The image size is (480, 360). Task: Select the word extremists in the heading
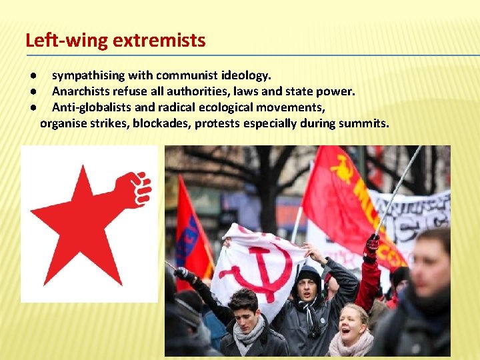coord(159,41)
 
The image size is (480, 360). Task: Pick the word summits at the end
coord(366,123)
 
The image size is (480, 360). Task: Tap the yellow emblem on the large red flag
coord(341,170)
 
